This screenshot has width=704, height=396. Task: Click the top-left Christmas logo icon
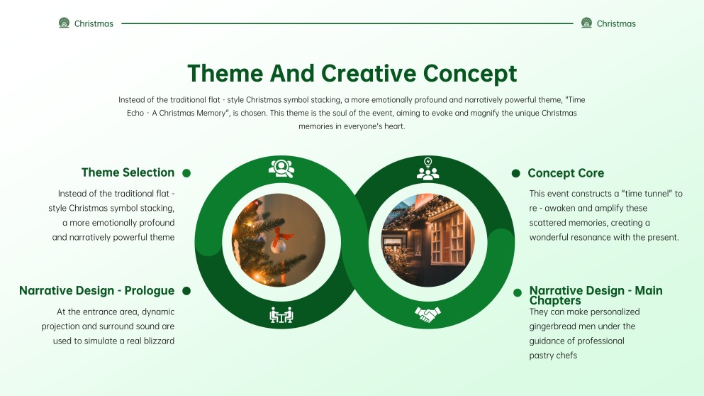[x=64, y=23]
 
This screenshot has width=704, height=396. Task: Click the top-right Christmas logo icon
[x=586, y=23]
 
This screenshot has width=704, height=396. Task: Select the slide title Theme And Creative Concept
[x=352, y=73]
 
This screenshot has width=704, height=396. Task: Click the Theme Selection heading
[x=128, y=172]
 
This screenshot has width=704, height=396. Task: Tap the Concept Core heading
[x=566, y=173]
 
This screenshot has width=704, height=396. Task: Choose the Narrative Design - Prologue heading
[x=96, y=291]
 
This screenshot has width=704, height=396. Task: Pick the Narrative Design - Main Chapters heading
[x=596, y=295]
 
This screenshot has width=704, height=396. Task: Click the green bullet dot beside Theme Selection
[x=186, y=173]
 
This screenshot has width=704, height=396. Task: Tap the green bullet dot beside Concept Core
[x=515, y=173]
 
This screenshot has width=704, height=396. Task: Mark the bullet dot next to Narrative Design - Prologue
[x=187, y=291]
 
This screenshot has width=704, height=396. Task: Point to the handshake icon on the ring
[x=428, y=313]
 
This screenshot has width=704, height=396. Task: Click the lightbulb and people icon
[x=428, y=169]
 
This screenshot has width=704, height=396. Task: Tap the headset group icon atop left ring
[x=281, y=168]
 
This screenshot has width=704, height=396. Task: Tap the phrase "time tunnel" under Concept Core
[x=644, y=194]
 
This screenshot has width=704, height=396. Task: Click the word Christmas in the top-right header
[x=616, y=23]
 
